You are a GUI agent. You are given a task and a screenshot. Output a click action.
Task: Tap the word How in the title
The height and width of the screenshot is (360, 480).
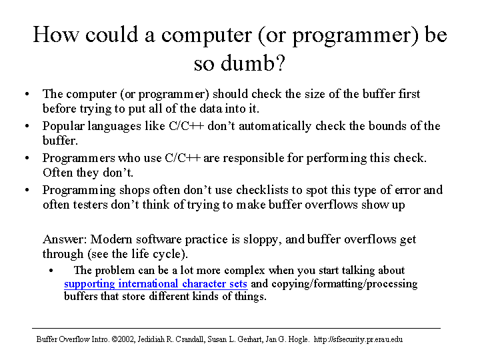pyautogui.click(x=56, y=34)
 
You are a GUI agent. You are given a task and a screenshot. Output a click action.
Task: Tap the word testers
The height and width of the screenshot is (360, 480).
pyautogui.click(x=90, y=205)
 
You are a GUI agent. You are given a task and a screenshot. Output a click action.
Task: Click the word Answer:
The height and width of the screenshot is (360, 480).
pyautogui.click(x=65, y=239)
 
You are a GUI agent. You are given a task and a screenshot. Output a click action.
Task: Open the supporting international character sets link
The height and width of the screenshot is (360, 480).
pyautogui.click(x=155, y=284)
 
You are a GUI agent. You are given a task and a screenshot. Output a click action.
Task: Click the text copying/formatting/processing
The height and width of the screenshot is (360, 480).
pyautogui.click(x=345, y=284)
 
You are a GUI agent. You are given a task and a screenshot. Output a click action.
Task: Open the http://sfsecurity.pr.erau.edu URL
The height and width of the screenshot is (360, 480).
pyautogui.click(x=358, y=339)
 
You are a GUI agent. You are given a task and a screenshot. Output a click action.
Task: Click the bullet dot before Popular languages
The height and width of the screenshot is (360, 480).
pyautogui.click(x=27, y=126)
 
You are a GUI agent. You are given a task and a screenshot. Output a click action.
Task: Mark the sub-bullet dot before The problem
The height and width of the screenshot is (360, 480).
pyautogui.click(x=51, y=271)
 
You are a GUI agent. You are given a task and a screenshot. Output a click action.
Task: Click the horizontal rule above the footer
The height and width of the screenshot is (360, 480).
pyautogui.click(x=236, y=329)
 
